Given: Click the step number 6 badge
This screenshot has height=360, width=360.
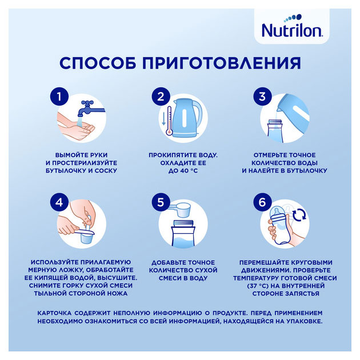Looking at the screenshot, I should point(262,203).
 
